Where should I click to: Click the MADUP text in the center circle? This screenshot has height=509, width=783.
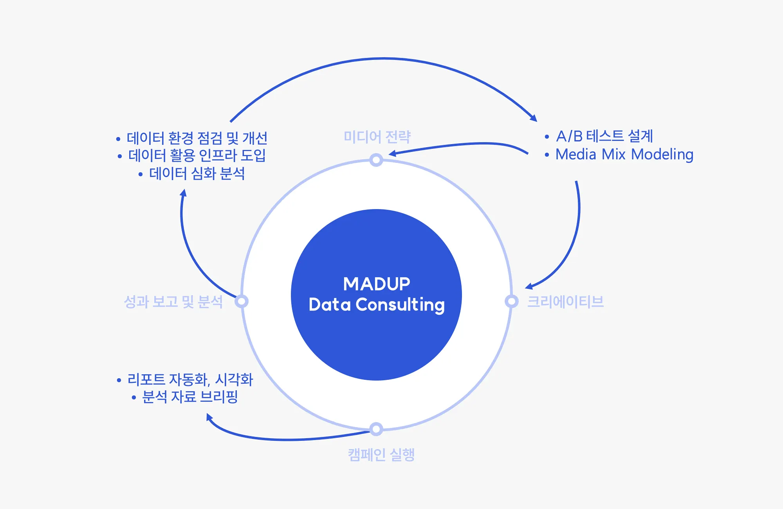[x=377, y=284]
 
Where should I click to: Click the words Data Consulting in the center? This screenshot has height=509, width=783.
[x=377, y=305]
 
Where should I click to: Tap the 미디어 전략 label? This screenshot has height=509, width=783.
[x=377, y=137]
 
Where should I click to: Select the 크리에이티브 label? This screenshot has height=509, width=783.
[x=565, y=301]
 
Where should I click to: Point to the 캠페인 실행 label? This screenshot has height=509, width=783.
[x=381, y=455]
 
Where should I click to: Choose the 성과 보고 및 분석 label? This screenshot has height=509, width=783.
[x=173, y=301]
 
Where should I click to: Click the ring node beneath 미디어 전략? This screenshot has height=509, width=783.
[x=376, y=160]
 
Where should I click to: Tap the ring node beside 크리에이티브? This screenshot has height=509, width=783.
[x=511, y=301]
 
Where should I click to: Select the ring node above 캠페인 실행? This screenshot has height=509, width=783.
[x=376, y=429]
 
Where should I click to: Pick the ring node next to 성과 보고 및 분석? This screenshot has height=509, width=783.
[x=242, y=301]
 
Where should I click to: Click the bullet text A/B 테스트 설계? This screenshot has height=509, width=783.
[x=604, y=136]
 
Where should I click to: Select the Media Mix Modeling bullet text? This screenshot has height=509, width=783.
[x=624, y=154]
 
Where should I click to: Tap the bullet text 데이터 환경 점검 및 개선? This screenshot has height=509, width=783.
[x=197, y=138]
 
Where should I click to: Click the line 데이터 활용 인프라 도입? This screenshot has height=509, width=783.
[x=197, y=155]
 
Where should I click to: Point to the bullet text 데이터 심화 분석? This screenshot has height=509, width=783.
[x=197, y=173]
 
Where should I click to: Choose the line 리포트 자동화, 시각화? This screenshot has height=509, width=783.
[x=190, y=379]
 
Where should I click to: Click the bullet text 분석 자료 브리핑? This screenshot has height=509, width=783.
[x=190, y=397]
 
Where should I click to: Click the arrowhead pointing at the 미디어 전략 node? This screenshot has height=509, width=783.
[x=392, y=153]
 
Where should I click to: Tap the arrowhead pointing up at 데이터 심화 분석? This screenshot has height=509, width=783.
[x=183, y=193]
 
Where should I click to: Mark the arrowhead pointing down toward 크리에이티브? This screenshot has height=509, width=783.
[x=529, y=287]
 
